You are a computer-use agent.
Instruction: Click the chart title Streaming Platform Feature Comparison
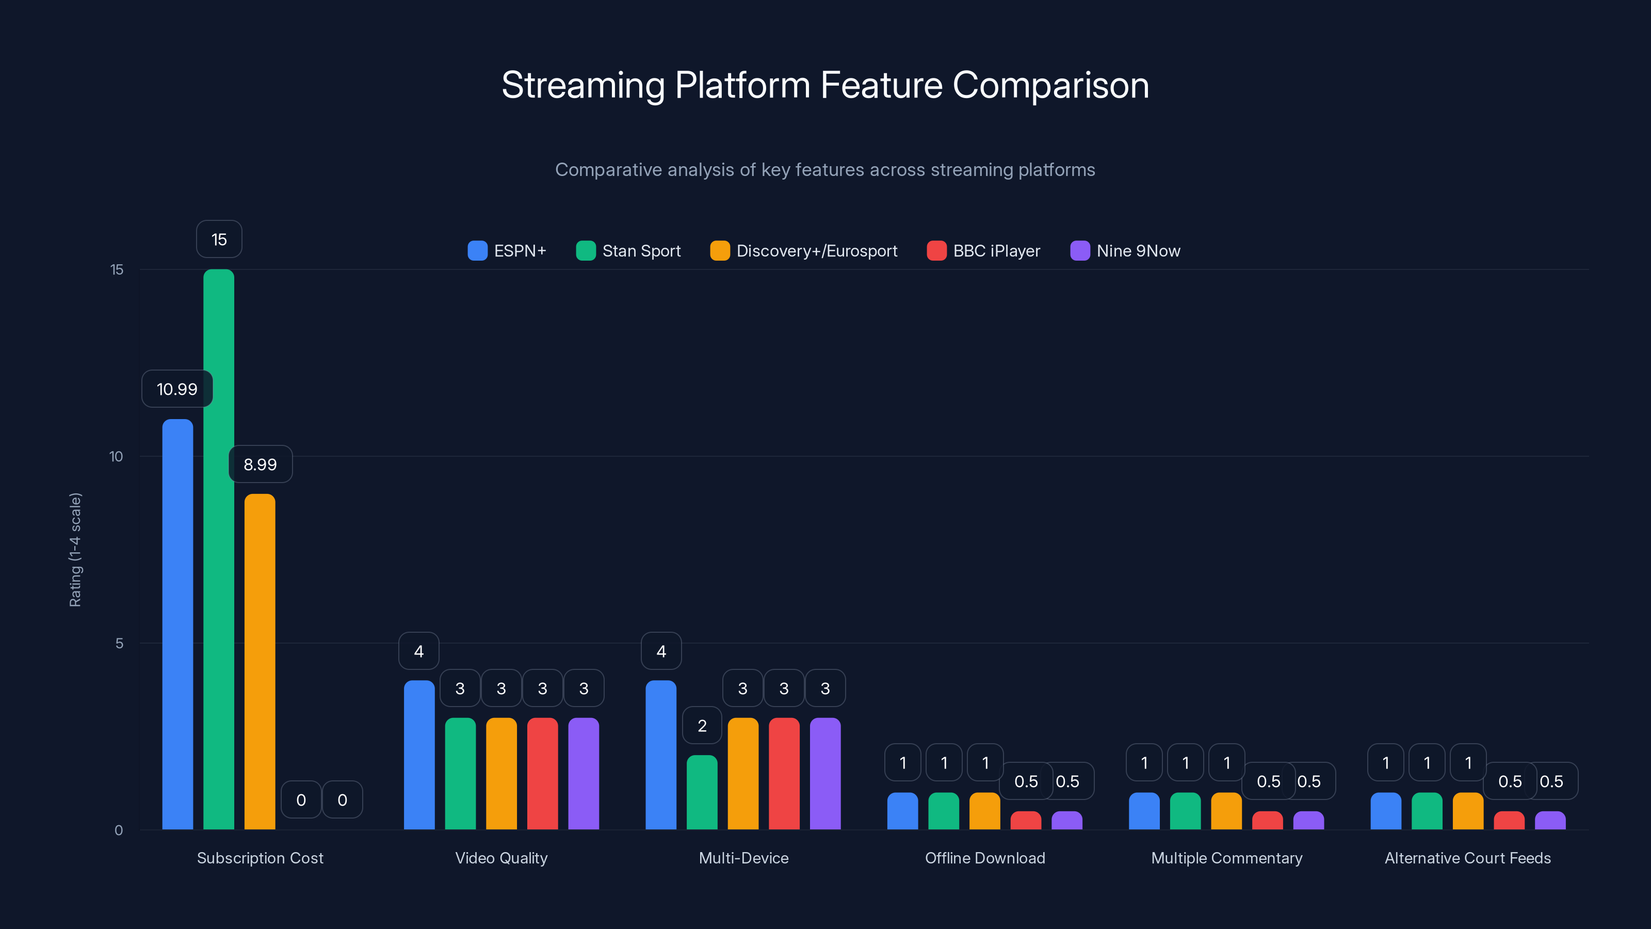tap(825, 85)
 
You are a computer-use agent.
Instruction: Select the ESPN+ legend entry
tap(507, 251)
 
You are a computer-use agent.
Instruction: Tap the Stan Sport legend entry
tap(629, 251)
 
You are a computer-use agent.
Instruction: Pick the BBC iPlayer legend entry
tap(984, 251)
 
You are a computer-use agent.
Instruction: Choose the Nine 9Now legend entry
tap(1125, 251)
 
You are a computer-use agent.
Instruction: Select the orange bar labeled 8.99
tap(260, 661)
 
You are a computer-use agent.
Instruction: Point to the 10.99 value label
tap(177, 389)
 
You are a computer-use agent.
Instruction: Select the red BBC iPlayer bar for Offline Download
tap(1026, 821)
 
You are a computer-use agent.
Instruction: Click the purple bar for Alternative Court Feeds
tap(1550, 821)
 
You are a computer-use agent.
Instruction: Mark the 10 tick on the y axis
tap(116, 456)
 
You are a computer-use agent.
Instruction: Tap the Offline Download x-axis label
tap(985, 858)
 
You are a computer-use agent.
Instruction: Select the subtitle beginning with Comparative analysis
tap(825, 170)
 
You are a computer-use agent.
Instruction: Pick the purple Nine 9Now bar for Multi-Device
tap(825, 773)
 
